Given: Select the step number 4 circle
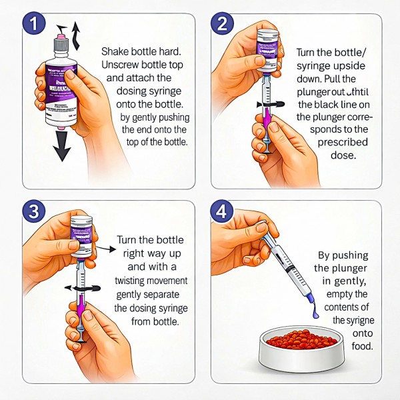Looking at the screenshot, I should pyautogui.click(x=221, y=212).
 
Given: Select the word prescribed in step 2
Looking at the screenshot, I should pyautogui.click(x=327, y=143).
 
